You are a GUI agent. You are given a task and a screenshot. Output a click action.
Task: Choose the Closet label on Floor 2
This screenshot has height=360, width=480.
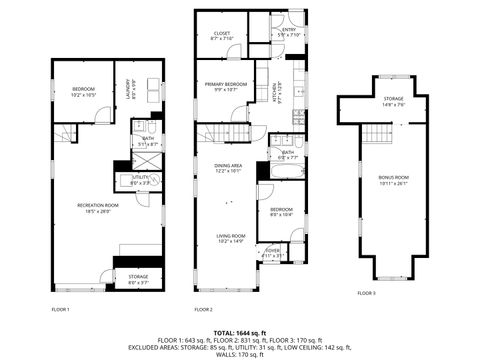point(222,36)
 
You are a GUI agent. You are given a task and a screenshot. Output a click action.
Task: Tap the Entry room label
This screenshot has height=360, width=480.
point(289,33)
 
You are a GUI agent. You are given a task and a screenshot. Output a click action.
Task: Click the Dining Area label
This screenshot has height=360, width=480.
point(228,168)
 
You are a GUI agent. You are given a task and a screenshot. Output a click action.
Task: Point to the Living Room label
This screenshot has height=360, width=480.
point(230,238)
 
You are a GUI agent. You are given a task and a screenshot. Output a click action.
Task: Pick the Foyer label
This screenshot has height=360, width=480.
point(272,253)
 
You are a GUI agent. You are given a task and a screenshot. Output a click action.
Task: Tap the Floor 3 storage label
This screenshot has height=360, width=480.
point(393,101)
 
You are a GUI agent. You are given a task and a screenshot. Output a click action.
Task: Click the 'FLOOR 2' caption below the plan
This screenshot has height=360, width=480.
point(204,310)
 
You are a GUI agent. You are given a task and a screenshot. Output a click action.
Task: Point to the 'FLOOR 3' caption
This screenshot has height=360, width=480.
point(366,293)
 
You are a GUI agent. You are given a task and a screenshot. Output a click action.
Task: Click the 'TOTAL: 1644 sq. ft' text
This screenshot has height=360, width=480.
point(240,331)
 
